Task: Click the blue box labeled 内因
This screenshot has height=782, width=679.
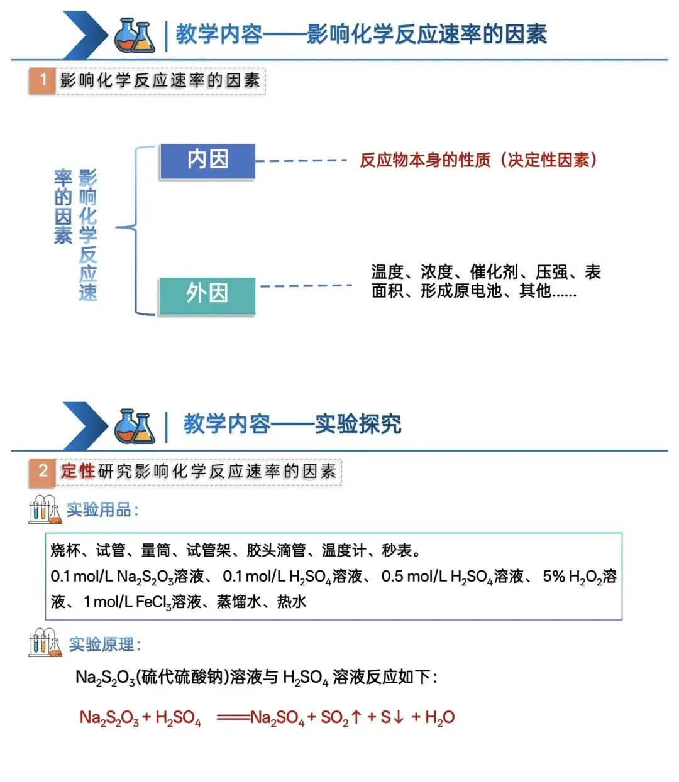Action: pyautogui.click(x=207, y=161)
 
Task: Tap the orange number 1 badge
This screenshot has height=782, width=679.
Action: pyautogui.click(x=43, y=80)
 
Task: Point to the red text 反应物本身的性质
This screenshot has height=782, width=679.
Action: pyautogui.click(x=425, y=160)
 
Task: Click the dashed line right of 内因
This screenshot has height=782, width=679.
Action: pyautogui.click(x=301, y=161)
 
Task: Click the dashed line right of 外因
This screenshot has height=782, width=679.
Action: pyautogui.click(x=306, y=286)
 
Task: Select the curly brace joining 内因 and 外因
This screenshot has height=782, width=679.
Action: pyautogui.click(x=136, y=230)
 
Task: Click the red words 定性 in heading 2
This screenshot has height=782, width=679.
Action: pyautogui.click(x=78, y=470)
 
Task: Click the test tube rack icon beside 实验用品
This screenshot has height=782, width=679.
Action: pyautogui.click(x=45, y=509)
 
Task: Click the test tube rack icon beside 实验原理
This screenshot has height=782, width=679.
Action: pyautogui.click(x=45, y=643)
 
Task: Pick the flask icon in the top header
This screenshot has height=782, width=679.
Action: pyautogui.click(x=135, y=35)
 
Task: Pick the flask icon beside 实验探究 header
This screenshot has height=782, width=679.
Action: pyautogui.click(x=135, y=426)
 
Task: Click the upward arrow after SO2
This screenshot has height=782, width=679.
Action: pyautogui.click(x=356, y=717)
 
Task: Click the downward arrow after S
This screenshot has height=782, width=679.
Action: pyautogui.click(x=398, y=717)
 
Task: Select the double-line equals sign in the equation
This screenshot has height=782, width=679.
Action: pyautogui.click(x=233, y=717)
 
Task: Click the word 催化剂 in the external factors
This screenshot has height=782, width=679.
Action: pyautogui.click(x=494, y=272)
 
